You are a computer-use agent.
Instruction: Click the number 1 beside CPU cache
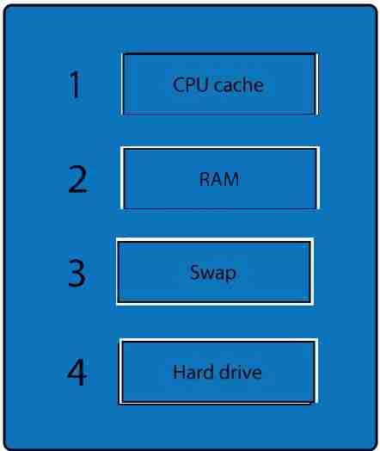tap(76, 84)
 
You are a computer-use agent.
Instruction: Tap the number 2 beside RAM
tap(77, 179)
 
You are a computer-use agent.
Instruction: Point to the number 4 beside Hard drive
tap(77, 372)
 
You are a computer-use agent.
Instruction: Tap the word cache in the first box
tap(239, 84)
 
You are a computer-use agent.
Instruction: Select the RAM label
tap(219, 179)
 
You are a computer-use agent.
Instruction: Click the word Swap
tap(213, 273)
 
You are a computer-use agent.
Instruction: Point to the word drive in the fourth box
tap(241, 372)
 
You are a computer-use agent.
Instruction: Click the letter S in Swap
tap(195, 272)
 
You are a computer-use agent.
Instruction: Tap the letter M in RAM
tap(230, 179)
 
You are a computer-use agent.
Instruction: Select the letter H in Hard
tap(179, 372)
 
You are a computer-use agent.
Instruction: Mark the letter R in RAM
tap(205, 179)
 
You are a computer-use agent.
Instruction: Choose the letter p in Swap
tap(231, 275)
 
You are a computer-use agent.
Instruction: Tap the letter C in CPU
tap(178, 85)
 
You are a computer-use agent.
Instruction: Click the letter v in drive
tap(245, 374)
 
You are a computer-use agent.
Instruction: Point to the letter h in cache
tap(248, 84)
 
